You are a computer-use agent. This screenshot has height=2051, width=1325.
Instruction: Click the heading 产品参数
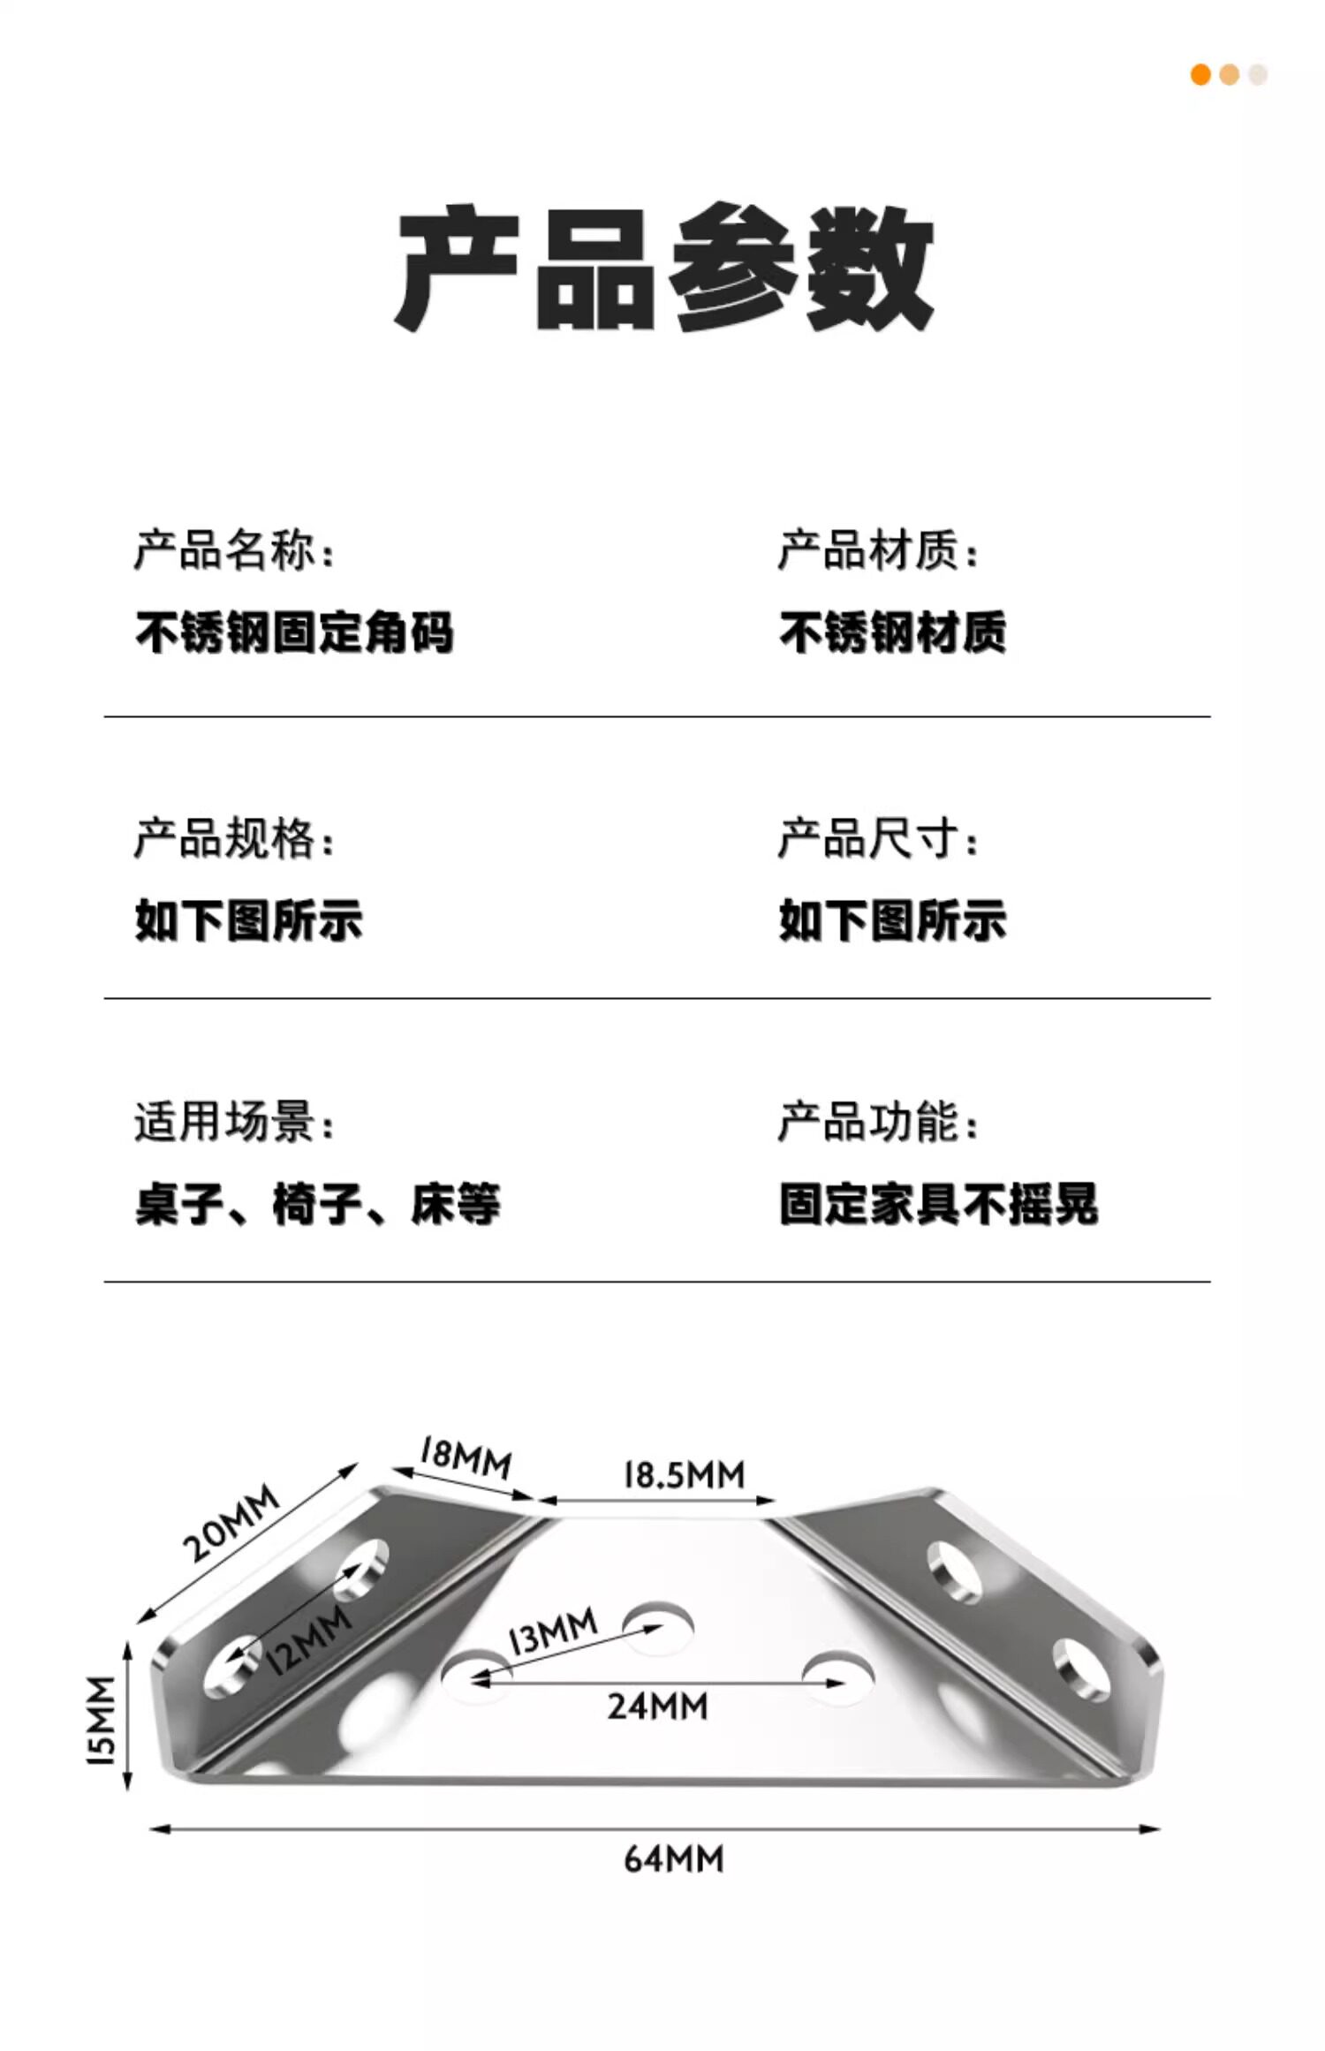pyautogui.click(x=663, y=268)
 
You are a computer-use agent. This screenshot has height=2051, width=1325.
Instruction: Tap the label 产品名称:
pyautogui.click(x=235, y=550)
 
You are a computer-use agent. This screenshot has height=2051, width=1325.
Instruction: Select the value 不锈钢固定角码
pyautogui.click(x=294, y=632)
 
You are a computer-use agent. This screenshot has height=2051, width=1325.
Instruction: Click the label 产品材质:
pyautogui.click(x=878, y=550)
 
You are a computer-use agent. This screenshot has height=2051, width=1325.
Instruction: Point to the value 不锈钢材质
pyautogui.click(x=892, y=632)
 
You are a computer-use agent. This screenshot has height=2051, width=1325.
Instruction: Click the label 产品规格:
pyautogui.click(x=235, y=838)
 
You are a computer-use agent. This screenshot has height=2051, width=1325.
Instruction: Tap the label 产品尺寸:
pyautogui.click(x=878, y=838)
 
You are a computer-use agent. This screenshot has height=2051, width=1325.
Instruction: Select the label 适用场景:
pyautogui.click(x=235, y=1123)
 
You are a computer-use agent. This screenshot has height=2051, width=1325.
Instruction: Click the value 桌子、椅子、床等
pyautogui.click(x=318, y=1204)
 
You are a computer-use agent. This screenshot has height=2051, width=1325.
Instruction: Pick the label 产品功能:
pyautogui.click(x=878, y=1123)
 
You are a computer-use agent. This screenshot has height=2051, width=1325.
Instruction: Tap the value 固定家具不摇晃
pyautogui.click(x=938, y=1204)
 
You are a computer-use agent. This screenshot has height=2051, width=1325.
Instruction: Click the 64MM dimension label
pyautogui.click(x=673, y=1859)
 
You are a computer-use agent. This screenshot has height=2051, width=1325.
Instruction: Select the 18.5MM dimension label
pyautogui.click(x=685, y=1474)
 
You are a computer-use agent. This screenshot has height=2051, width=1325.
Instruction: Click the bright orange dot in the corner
pyautogui.click(x=1200, y=75)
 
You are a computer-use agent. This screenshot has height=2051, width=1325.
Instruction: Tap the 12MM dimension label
pyautogui.click(x=308, y=1639)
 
